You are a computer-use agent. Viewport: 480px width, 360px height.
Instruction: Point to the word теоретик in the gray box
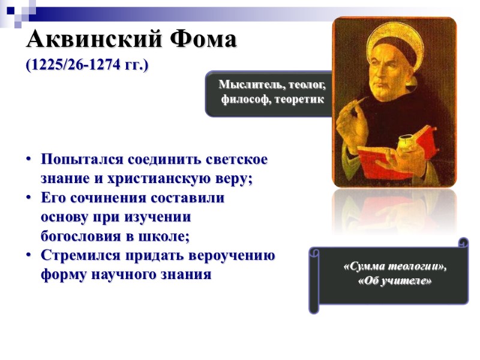[x=297, y=99]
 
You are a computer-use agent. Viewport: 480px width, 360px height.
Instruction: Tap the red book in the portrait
[x=384, y=153]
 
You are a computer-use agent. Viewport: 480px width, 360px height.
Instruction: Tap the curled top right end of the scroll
[x=463, y=242]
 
